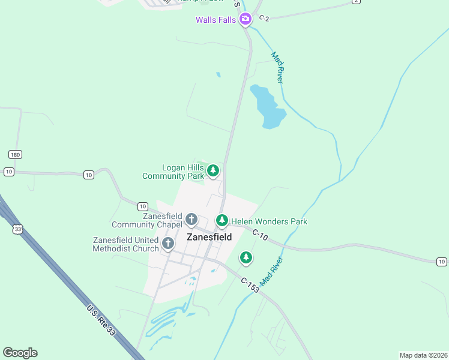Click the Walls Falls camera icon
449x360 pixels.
click(245, 20)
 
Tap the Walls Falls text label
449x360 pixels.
click(216, 20)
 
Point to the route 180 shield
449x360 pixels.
click(15, 155)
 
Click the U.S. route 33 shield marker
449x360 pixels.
click(18, 229)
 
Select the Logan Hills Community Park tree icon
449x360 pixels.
click(212, 172)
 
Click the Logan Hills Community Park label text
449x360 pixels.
click(173, 172)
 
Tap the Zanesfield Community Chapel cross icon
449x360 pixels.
click(191, 220)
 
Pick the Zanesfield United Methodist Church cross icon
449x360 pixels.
click(168, 244)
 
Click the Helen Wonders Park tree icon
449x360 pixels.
click(222, 221)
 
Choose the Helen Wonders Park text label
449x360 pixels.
click(269, 222)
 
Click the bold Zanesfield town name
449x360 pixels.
click(209, 237)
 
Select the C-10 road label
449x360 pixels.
click(260, 235)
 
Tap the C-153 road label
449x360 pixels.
click(250, 284)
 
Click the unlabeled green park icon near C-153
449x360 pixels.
click(246, 258)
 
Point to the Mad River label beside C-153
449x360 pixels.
click(271, 271)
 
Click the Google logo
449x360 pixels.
click(20, 353)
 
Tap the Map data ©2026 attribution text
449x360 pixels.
click(423, 355)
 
